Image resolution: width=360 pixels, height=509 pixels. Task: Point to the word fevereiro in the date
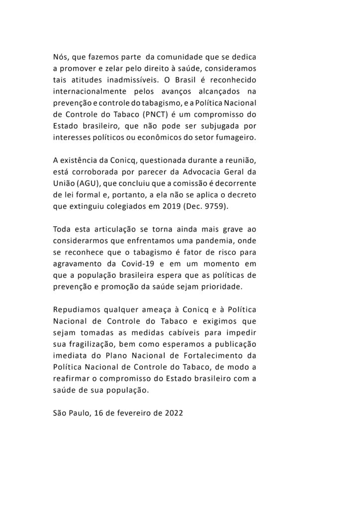click(134, 413)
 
